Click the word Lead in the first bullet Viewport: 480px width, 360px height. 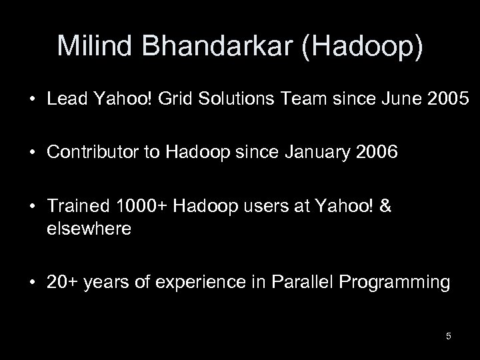click(x=62, y=99)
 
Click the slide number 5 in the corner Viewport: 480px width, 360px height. click(x=449, y=336)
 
